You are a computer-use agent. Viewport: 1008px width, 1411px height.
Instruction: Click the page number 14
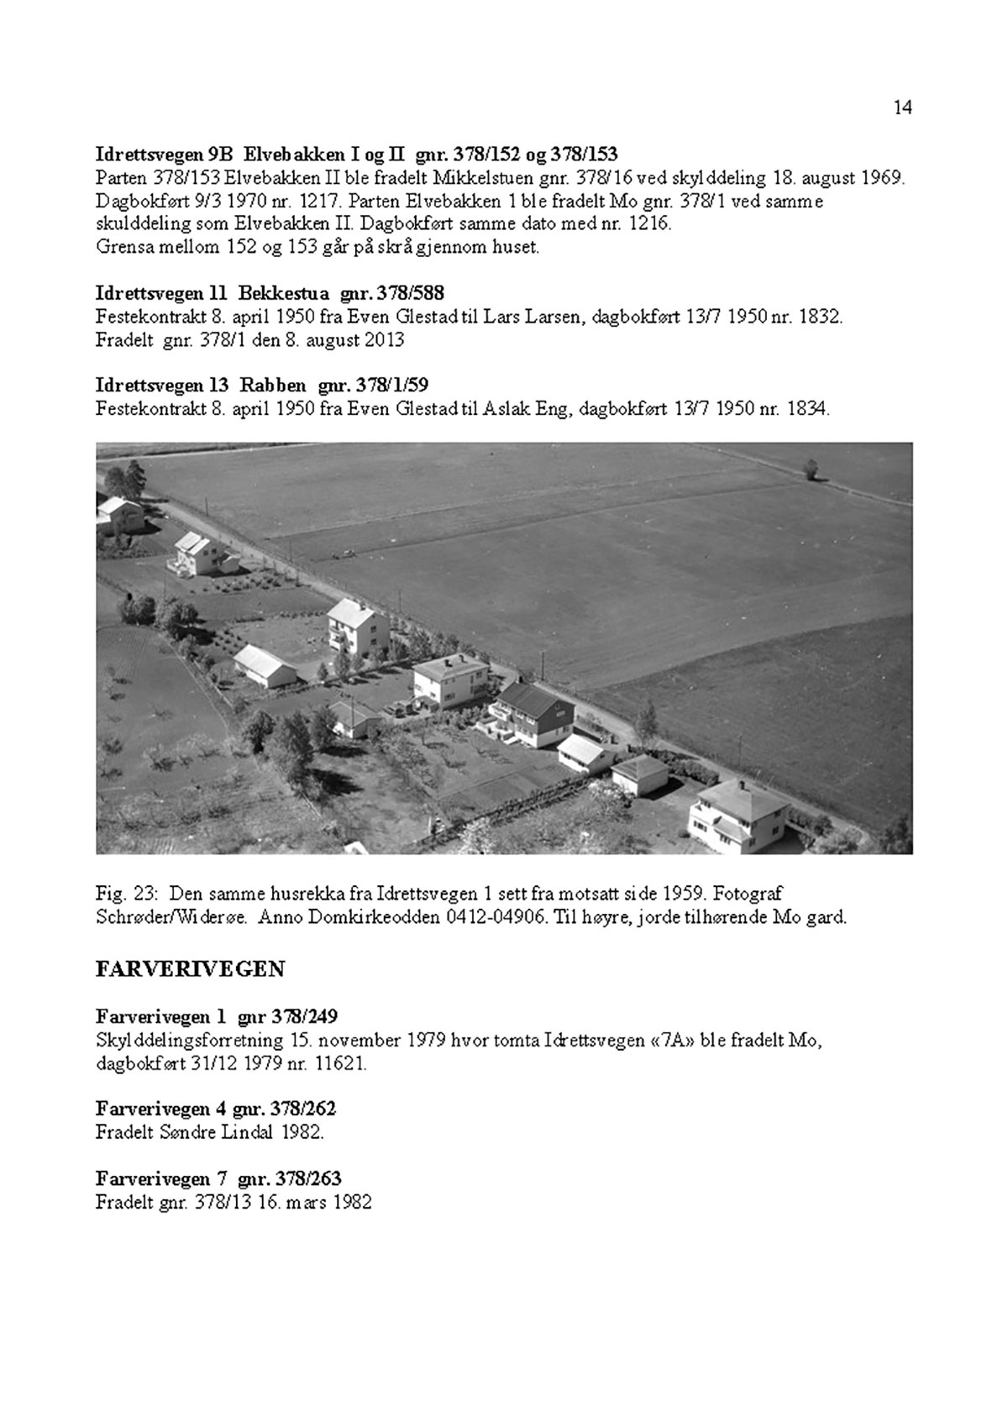pyautogui.click(x=902, y=108)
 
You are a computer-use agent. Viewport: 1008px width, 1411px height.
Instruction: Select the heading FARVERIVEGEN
pyautogui.click(x=191, y=969)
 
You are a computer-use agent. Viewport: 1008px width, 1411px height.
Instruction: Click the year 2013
pyautogui.click(x=386, y=340)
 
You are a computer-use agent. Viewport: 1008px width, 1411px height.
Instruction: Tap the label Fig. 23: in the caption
pyautogui.click(x=121, y=893)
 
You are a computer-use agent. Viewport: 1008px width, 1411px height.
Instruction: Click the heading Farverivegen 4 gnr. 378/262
pyautogui.click(x=216, y=1109)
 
